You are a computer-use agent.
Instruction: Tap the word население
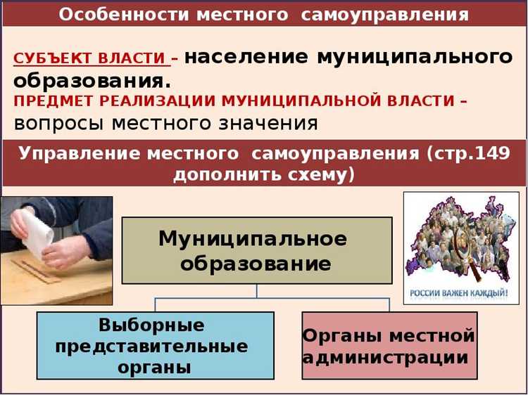tap(246, 57)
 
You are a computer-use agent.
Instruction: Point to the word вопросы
tap(56, 123)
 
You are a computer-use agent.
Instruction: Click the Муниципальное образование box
tap(257, 250)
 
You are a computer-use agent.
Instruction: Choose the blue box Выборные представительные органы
tap(155, 346)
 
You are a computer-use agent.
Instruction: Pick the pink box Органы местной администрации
tap(389, 346)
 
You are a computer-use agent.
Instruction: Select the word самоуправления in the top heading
tap(384, 15)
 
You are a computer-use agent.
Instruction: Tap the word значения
tap(270, 123)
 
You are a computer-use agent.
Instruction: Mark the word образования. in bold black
tap(92, 79)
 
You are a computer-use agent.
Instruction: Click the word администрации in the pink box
tap(386, 357)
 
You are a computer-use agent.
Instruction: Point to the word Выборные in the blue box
tap(152, 325)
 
